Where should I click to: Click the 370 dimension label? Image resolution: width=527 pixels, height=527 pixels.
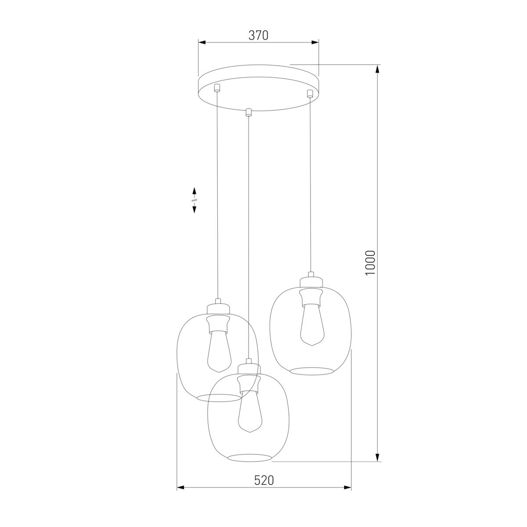click(x=258, y=36)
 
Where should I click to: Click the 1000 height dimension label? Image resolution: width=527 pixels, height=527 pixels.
click(x=370, y=263)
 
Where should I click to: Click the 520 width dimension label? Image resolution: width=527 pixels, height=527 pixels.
click(x=264, y=480)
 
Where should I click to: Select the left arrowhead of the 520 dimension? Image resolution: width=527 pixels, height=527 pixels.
click(x=180, y=487)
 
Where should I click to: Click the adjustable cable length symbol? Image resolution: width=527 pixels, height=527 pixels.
click(x=194, y=200)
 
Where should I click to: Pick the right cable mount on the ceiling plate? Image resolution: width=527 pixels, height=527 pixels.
click(x=310, y=93)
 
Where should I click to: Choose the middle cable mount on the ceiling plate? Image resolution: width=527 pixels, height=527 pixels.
click(x=249, y=112)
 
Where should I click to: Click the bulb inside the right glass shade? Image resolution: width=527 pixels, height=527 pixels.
click(x=311, y=325)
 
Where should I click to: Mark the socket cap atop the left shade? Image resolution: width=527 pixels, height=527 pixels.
click(x=218, y=306)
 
